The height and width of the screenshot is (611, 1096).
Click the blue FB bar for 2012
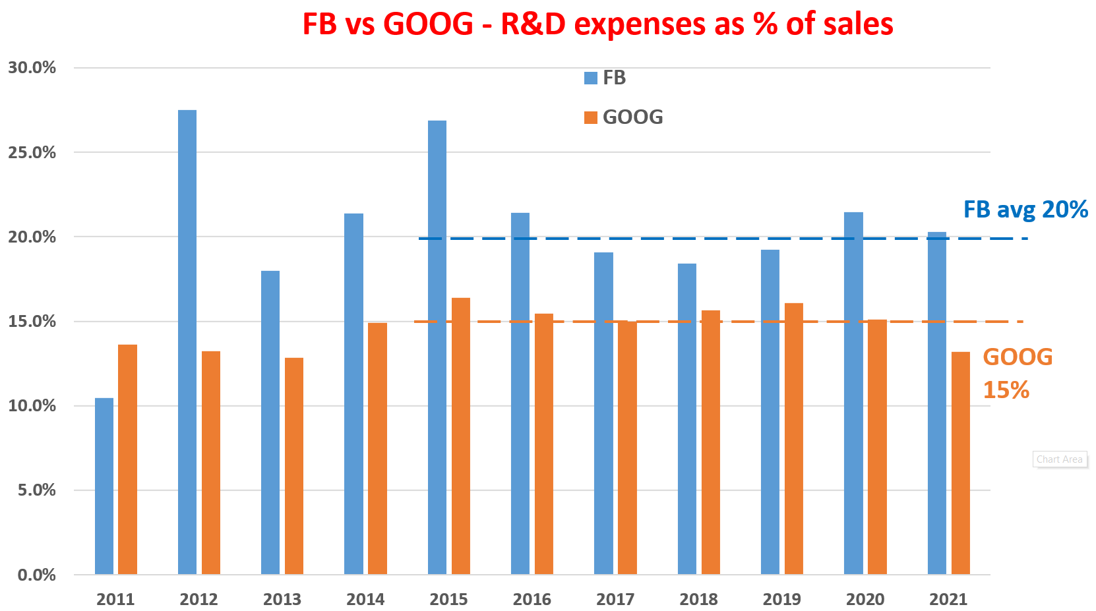point(187,342)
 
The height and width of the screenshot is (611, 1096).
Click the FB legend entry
point(605,78)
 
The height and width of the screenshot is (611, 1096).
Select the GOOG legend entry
point(624,117)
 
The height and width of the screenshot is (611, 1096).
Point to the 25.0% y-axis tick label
point(32,152)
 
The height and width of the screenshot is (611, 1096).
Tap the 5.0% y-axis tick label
point(36,490)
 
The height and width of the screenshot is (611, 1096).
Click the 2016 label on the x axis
point(532,599)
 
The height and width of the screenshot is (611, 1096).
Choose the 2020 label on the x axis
point(865,599)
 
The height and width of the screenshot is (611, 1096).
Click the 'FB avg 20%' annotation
point(1025,210)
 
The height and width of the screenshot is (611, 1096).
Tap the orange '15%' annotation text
point(1006,390)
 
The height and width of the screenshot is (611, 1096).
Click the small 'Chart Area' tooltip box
point(1059,459)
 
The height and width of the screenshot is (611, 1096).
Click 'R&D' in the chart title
point(533,24)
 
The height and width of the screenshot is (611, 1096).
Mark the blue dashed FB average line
point(725,239)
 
